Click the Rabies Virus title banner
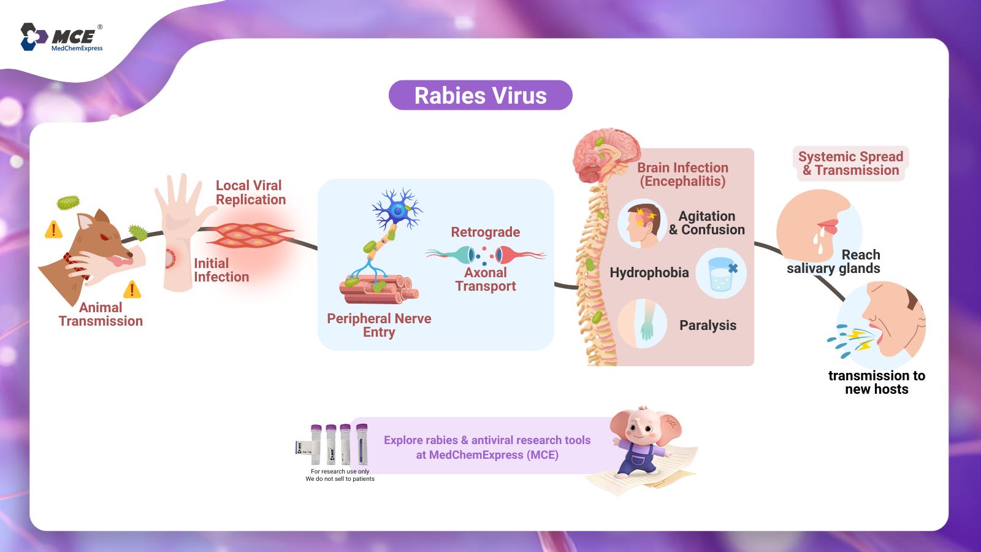click(481, 95)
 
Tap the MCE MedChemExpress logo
click(62, 37)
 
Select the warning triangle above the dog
click(53, 229)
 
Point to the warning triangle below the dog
click(132, 289)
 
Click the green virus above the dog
click(68, 202)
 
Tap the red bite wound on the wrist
click(170, 258)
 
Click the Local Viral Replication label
click(251, 193)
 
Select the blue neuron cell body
click(398, 211)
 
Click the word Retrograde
click(485, 232)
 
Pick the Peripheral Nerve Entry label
click(379, 324)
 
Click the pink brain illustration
click(606, 155)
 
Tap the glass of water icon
click(721, 274)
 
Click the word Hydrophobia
click(649, 272)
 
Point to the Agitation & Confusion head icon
click(642, 223)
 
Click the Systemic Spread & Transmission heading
click(850, 163)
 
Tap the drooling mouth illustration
click(819, 228)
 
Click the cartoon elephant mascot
click(644, 442)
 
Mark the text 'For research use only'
click(340, 472)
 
